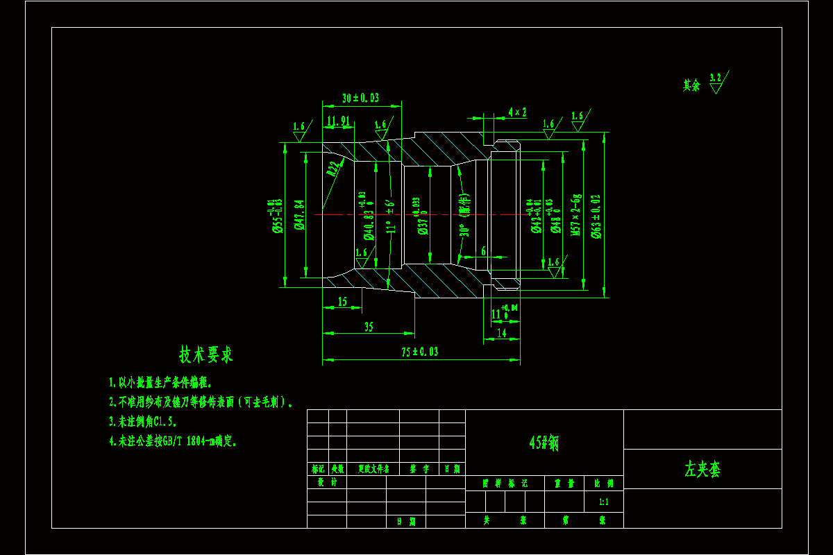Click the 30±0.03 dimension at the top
tap(360, 99)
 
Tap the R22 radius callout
tap(334, 169)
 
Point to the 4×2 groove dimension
tap(517, 112)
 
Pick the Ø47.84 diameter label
tap(299, 214)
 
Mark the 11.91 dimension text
tap(337, 121)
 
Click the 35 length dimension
tap(368, 327)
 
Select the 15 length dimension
tap(342, 302)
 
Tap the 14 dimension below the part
tap(501, 333)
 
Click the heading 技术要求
tap(206, 355)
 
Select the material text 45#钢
tap(544, 443)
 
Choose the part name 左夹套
tap(702, 470)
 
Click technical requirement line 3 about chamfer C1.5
tap(143, 421)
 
